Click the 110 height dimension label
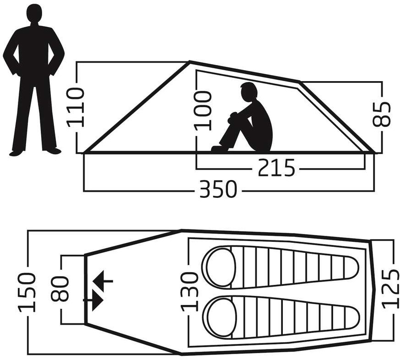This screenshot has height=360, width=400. (x=75, y=107)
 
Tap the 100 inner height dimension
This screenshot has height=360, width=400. (x=203, y=111)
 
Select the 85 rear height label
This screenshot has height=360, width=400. (x=382, y=115)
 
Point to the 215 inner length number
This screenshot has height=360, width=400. (x=276, y=168)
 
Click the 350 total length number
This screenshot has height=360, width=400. (x=218, y=189)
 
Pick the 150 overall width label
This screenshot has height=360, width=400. (x=27, y=293)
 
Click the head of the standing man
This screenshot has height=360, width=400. (x=34, y=13)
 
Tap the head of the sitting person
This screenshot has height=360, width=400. (x=249, y=92)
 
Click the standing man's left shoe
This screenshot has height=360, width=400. (x=54, y=151)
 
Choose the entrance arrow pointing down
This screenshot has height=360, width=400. (x=93, y=300)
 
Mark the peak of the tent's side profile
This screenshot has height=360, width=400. (x=189, y=61)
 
